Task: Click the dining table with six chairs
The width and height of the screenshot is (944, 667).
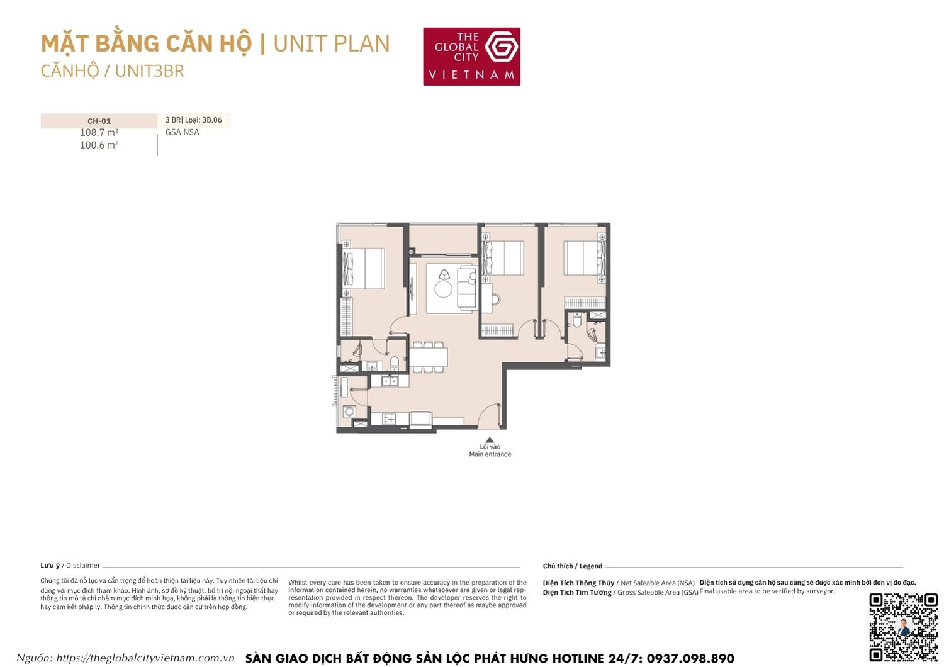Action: (429, 357)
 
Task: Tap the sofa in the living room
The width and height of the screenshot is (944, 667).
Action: (466, 288)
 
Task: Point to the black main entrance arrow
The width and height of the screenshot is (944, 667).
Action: (490, 440)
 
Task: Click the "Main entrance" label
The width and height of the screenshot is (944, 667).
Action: (490, 454)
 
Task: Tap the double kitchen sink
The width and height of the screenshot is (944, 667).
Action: (390, 381)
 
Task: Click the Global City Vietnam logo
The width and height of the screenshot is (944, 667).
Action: (471, 56)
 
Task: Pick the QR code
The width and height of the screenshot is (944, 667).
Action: (903, 627)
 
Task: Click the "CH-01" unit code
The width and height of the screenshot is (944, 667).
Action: (99, 121)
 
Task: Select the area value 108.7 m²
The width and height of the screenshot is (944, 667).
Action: (99, 133)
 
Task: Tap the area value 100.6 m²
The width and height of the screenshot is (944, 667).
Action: (99, 145)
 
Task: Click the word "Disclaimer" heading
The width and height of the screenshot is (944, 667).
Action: (83, 566)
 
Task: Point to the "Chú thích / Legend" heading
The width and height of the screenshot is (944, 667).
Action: (573, 566)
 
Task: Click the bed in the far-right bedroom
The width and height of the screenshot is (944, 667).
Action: (584, 258)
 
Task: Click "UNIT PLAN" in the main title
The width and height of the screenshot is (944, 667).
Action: (332, 44)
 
